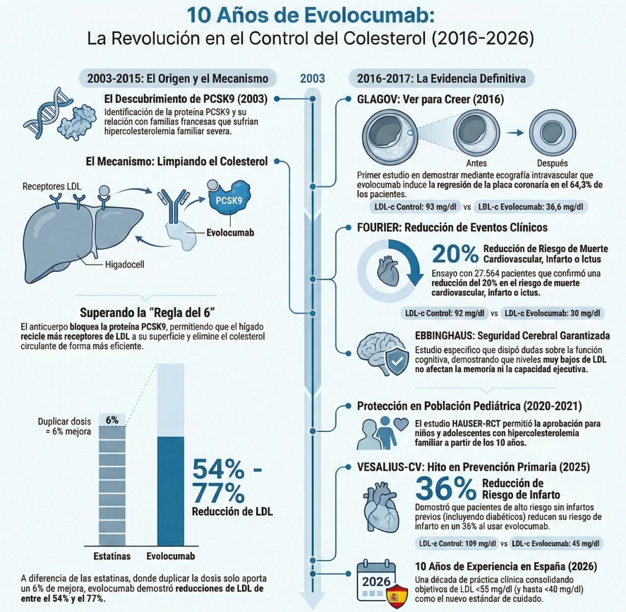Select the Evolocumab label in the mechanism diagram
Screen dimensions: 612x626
[x=231, y=232]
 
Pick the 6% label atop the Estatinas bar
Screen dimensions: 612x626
[x=112, y=419]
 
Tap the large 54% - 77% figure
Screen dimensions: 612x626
[x=227, y=480]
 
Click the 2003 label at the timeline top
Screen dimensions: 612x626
[x=313, y=78]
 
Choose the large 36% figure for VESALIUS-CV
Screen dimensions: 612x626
[x=445, y=488]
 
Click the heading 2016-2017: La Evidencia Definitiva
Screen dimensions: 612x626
[x=445, y=78]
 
